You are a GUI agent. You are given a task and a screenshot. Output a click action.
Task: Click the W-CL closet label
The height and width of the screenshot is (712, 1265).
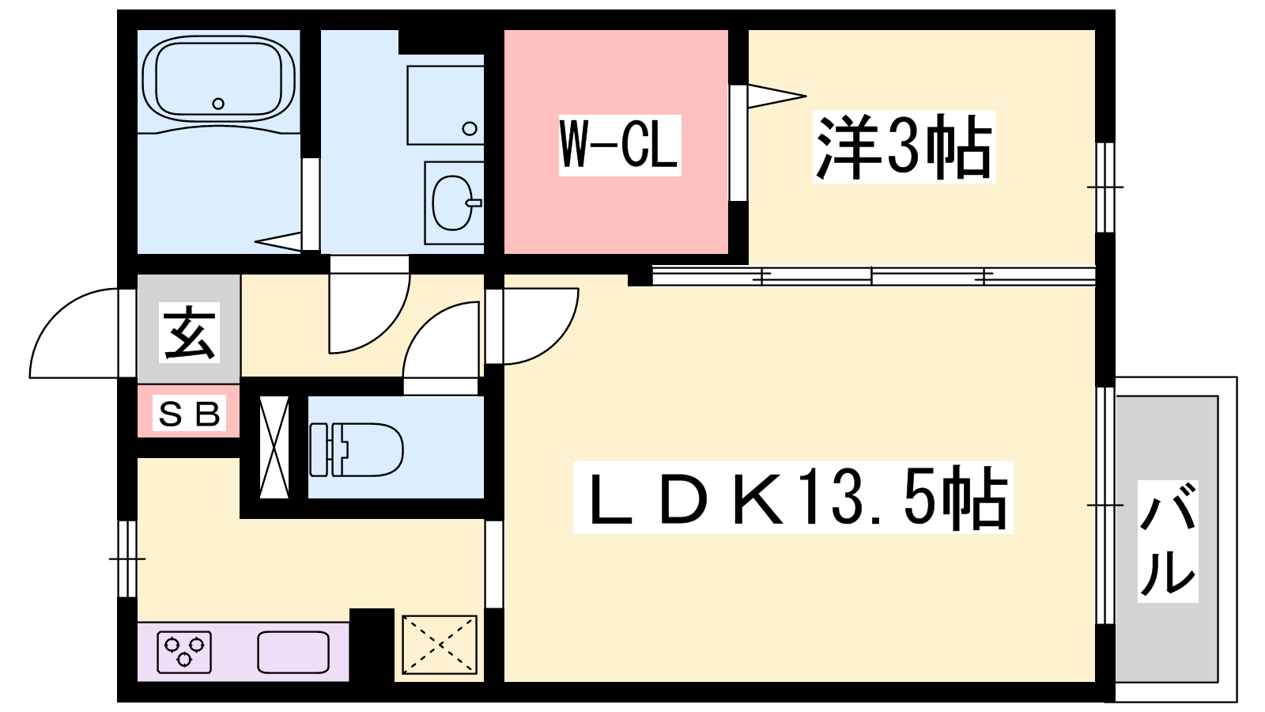[620, 146]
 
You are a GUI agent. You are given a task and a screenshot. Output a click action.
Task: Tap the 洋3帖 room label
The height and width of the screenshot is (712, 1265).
[904, 147]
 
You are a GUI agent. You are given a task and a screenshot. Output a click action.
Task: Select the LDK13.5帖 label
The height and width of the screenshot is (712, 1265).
[793, 498]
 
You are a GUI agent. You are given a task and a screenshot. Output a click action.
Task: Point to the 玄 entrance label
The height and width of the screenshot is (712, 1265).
[189, 332]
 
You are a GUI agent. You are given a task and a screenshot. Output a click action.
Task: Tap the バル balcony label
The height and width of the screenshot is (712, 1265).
[1168, 541]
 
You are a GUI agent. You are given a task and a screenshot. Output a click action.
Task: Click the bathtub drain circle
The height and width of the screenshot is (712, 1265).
[218, 104]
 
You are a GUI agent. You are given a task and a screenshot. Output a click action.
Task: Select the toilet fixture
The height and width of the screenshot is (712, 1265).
[357, 450]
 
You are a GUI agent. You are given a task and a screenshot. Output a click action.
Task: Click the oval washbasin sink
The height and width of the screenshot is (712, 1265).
[453, 203]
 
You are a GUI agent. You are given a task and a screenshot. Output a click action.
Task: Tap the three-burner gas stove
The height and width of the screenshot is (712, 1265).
[184, 652]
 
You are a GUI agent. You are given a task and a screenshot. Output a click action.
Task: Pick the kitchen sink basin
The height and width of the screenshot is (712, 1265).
[293, 652]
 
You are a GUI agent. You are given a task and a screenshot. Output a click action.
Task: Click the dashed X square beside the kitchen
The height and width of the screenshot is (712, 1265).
[440, 644]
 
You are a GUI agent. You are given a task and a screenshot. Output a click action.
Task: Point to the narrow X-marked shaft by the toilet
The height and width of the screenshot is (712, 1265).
[274, 447]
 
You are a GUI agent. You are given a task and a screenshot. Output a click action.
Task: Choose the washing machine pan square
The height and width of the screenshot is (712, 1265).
[446, 105]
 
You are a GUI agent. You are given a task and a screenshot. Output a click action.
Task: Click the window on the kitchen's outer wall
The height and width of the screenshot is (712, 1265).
[127, 559]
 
